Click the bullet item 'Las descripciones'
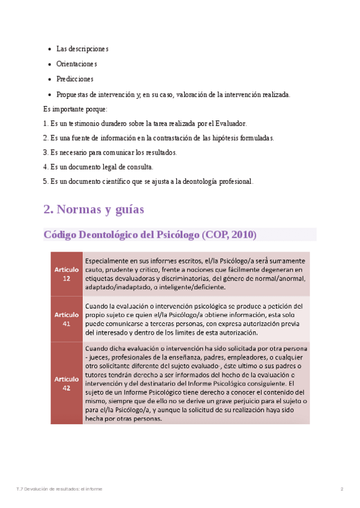click(82, 49)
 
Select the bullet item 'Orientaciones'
click(76, 63)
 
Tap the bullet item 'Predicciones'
click(75, 79)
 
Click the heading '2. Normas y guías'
click(94, 210)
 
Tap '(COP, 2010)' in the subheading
click(229, 235)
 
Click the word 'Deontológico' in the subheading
click(118, 235)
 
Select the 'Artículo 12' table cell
click(66, 274)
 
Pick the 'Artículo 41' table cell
click(66, 319)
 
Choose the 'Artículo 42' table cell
click(66, 383)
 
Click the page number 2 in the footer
click(342, 489)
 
